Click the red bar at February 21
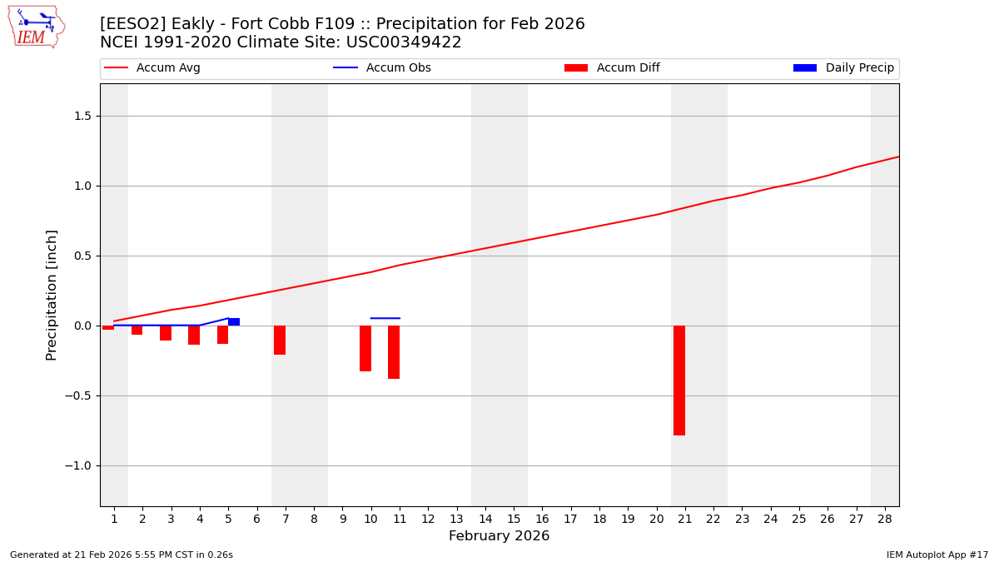(679, 380)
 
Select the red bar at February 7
(280, 340)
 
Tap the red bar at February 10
(365, 348)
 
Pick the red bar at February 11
(394, 352)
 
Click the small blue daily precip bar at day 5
(234, 321)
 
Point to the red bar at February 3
(166, 333)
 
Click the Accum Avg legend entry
(152, 68)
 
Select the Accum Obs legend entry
(382, 68)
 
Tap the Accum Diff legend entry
(612, 68)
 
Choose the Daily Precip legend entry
(843, 68)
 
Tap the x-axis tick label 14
(485, 519)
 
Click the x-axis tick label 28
(884, 519)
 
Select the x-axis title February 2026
(499, 536)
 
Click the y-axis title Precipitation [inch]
(52, 295)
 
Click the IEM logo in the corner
(36, 27)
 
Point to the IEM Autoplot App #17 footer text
(937, 555)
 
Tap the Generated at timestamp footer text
(122, 555)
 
